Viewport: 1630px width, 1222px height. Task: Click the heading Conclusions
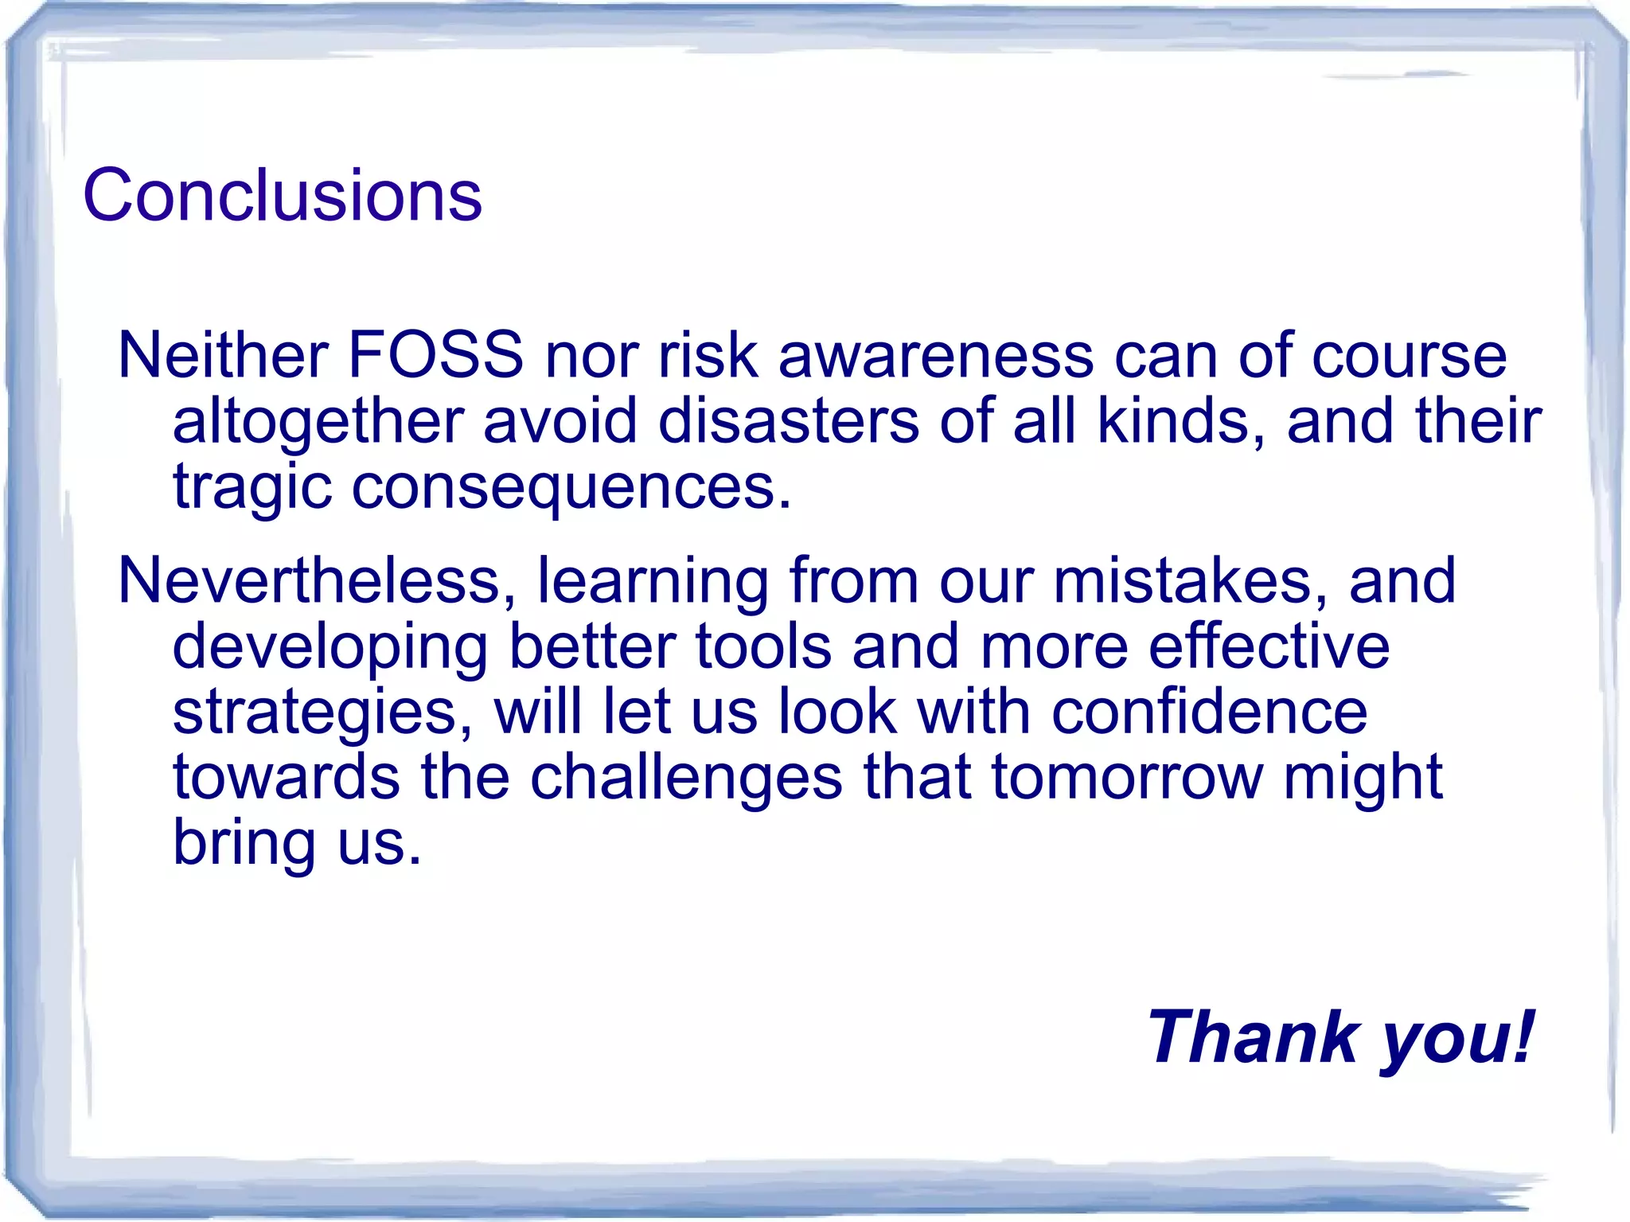[283, 195]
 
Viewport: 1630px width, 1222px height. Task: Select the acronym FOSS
[435, 354]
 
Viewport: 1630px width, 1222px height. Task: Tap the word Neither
[223, 354]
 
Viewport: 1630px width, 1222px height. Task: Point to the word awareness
[935, 354]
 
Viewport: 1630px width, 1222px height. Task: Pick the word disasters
[788, 420]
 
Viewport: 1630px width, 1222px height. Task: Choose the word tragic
[252, 487]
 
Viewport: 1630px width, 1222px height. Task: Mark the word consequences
[571, 487]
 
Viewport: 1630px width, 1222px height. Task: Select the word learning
[653, 582]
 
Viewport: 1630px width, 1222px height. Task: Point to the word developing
[330, 647]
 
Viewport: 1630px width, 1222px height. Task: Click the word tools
[763, 646]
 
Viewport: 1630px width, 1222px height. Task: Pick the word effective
[1269, 646]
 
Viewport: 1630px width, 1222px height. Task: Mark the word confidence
[1210, 711]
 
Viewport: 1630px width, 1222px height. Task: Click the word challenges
[686, 778]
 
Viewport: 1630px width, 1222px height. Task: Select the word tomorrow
[1127, 777]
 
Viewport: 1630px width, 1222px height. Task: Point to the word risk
[708, 354]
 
